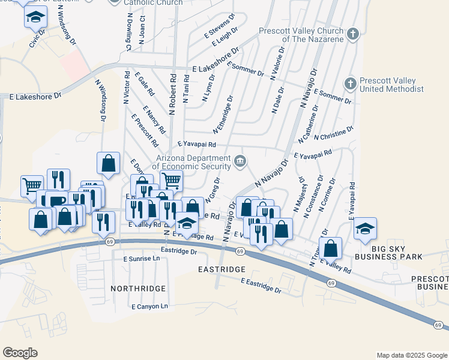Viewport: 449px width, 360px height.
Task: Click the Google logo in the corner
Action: tap(20, 353)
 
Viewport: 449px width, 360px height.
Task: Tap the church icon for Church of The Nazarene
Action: tap(353, 34)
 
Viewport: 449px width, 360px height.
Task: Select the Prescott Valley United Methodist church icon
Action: tap(351, 82)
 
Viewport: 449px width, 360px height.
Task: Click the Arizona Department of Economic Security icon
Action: tap(240, 160)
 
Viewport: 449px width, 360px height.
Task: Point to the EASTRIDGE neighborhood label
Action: tap(222, 270)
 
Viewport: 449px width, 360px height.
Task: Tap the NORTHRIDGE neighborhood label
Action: tap(138, 289)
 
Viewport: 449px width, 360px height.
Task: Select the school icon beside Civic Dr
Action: tap(36, 17)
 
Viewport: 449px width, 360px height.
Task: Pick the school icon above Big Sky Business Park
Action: tap(364, 229)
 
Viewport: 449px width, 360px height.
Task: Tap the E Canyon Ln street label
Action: tap(149, 306)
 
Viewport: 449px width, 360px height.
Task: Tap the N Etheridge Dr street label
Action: tap(223, 114)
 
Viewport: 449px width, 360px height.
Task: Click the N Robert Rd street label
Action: tap(172, 95)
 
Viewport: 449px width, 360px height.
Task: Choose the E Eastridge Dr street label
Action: tap(261, 285)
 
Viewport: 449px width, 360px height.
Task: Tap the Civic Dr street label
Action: tap(38, 40)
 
